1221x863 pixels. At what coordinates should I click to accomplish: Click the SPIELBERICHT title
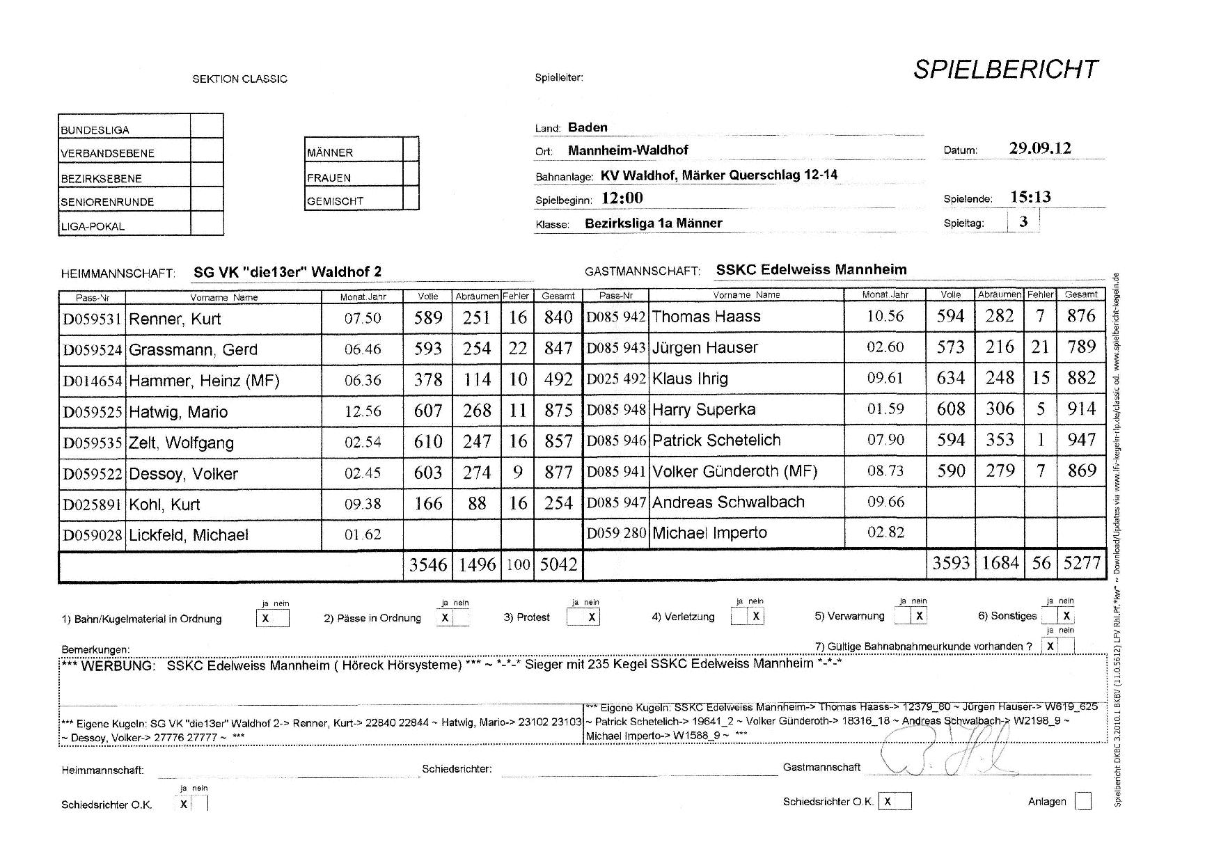[x=1005, y=70]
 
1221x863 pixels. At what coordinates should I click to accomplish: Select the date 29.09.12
[x=1039, y=148]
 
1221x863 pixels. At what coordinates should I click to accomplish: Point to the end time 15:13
[x=1030, y=197]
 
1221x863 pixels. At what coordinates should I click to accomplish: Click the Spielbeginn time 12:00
[x=622, y=198]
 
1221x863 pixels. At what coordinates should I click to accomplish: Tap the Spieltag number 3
[x=1023, y=222]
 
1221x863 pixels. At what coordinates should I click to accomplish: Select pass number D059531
[x=92, y=319]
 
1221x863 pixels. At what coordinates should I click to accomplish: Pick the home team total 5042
[x=558, y=564]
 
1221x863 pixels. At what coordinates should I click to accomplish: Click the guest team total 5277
[x=1082, y=562]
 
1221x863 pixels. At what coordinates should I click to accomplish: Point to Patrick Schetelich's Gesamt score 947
[x=1081, y=440]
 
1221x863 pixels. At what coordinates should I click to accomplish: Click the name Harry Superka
[x=704, y=409]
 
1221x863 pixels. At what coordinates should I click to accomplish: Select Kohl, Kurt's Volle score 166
[x=427, y=503]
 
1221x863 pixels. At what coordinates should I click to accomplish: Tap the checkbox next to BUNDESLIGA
[x=207, y=126]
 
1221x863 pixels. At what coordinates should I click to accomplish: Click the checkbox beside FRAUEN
[x=411, y=174]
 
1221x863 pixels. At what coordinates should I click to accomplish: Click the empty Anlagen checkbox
[x=1082, y=801]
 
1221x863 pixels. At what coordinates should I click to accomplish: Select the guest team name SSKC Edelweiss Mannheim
[x=811, y=269]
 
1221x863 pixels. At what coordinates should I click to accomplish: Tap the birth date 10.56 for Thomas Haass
[x=885, y=316]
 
